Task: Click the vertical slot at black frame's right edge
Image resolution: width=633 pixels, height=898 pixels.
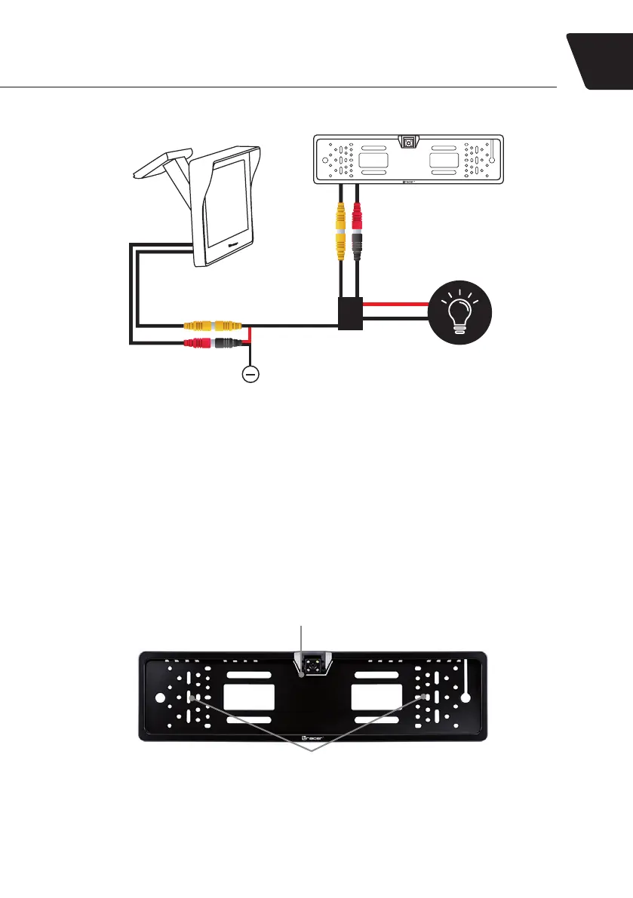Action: point(467,676)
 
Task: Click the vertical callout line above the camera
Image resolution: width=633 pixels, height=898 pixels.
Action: point(303,638)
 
